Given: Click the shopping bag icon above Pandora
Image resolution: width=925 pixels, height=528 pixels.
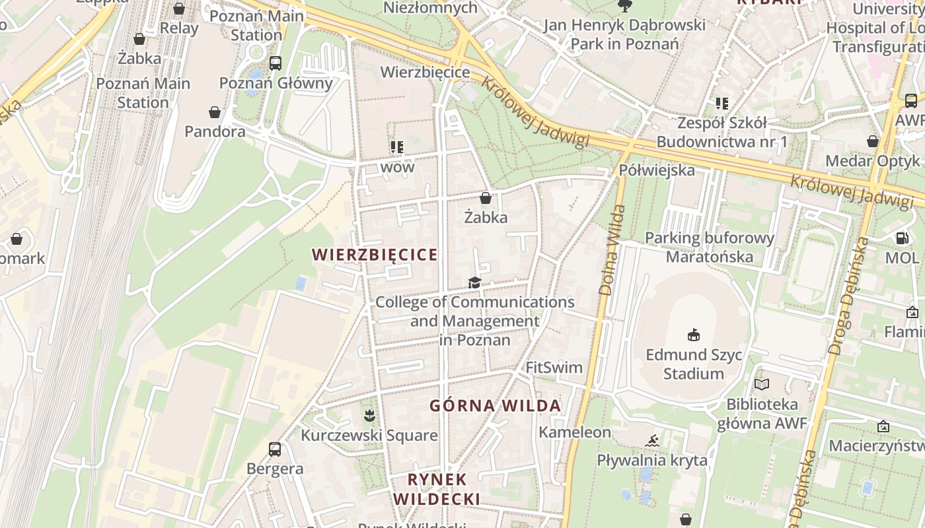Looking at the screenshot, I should (x=214, y=112).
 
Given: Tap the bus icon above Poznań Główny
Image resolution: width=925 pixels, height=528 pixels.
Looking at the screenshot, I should (x=276, y=63).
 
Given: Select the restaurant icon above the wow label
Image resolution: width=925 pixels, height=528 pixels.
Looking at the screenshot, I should (x=396, y=147).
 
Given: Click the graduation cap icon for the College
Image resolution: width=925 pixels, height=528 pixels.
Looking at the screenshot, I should (x=474, y=283).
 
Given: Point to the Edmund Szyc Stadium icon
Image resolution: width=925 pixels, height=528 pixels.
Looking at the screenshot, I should (x=694, y=335).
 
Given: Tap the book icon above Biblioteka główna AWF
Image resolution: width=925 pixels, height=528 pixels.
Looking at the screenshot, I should (x=762, y=384).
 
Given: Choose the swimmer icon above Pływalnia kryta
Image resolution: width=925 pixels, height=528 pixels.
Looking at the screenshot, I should (x=653, y=440).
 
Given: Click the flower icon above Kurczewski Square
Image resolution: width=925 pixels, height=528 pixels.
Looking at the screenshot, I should (x=369, y=415).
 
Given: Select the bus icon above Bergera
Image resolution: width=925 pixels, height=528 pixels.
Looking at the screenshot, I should (x=275, y=449).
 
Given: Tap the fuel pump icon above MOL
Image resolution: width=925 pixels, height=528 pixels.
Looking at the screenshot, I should (x=902, y=238).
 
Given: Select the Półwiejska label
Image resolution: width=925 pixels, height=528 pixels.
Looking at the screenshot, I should (x=657, y=170).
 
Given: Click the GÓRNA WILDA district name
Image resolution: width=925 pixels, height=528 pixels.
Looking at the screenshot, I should (x=496, y=405).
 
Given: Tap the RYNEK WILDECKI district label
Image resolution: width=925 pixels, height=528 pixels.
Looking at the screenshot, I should (x=437, y=489).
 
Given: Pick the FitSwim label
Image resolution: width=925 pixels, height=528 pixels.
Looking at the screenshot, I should (x=554, y=368).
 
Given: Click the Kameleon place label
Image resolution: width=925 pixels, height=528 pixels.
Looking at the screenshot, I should (x=575, y=432).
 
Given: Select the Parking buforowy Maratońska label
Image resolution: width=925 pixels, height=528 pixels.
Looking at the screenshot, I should (x=709, y=247).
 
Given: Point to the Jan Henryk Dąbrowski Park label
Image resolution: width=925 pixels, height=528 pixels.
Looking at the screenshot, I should (x=624, y=34).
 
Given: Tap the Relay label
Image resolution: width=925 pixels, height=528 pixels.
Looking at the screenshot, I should (x=178, y=28).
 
